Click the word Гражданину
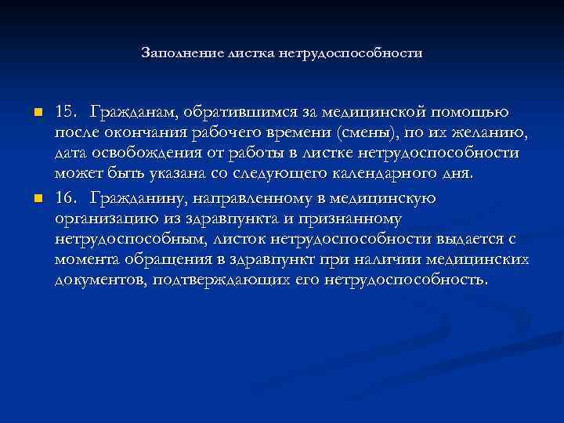tap(134, 198)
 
